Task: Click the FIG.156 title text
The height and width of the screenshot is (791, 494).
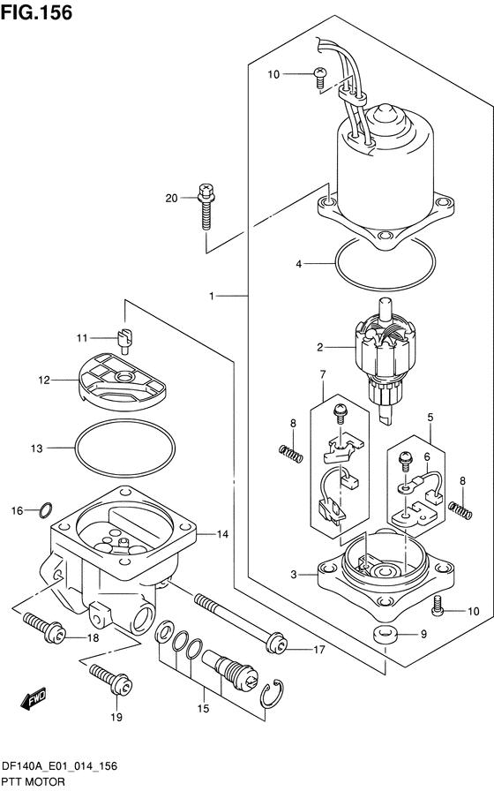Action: (x=36, y=12)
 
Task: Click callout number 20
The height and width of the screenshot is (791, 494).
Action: (x=172, y=199)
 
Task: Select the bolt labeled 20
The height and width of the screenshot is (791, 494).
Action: (x=206, y=207)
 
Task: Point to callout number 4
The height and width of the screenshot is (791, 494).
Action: (x=299, y=264)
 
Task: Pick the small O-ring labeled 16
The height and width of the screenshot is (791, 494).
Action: (x=45, y=510)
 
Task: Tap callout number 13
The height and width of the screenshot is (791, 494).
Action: (x=37, y=448)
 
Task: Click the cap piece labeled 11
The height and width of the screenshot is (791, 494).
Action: (x=124, y=338)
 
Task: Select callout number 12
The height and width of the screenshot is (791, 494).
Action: (x=44, y=380)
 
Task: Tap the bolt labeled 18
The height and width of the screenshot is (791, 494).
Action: (x=44, y=628)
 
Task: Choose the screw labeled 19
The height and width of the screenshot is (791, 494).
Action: (x=111, y=679)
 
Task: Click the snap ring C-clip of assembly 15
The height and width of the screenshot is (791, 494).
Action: (x=272, y=694)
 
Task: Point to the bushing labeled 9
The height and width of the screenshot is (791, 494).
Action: (x=385, y=634)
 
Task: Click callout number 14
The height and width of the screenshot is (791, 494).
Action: (x=222, y=534)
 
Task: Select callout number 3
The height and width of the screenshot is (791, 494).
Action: (x=294, y=574)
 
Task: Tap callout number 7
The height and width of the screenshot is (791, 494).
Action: (x=323, y=374)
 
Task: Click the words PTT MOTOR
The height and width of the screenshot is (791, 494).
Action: (x=34, y=782)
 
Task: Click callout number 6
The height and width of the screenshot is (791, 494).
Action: (x=427, y=457)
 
